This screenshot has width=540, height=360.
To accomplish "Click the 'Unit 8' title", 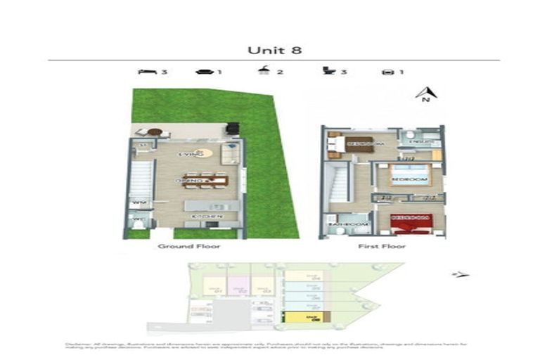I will click(269, 50).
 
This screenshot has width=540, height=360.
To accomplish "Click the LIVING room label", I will click(191, 153).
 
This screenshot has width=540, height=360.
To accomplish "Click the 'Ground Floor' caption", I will click(188, 247).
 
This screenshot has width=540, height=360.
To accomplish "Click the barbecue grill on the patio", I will click(232, 129).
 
